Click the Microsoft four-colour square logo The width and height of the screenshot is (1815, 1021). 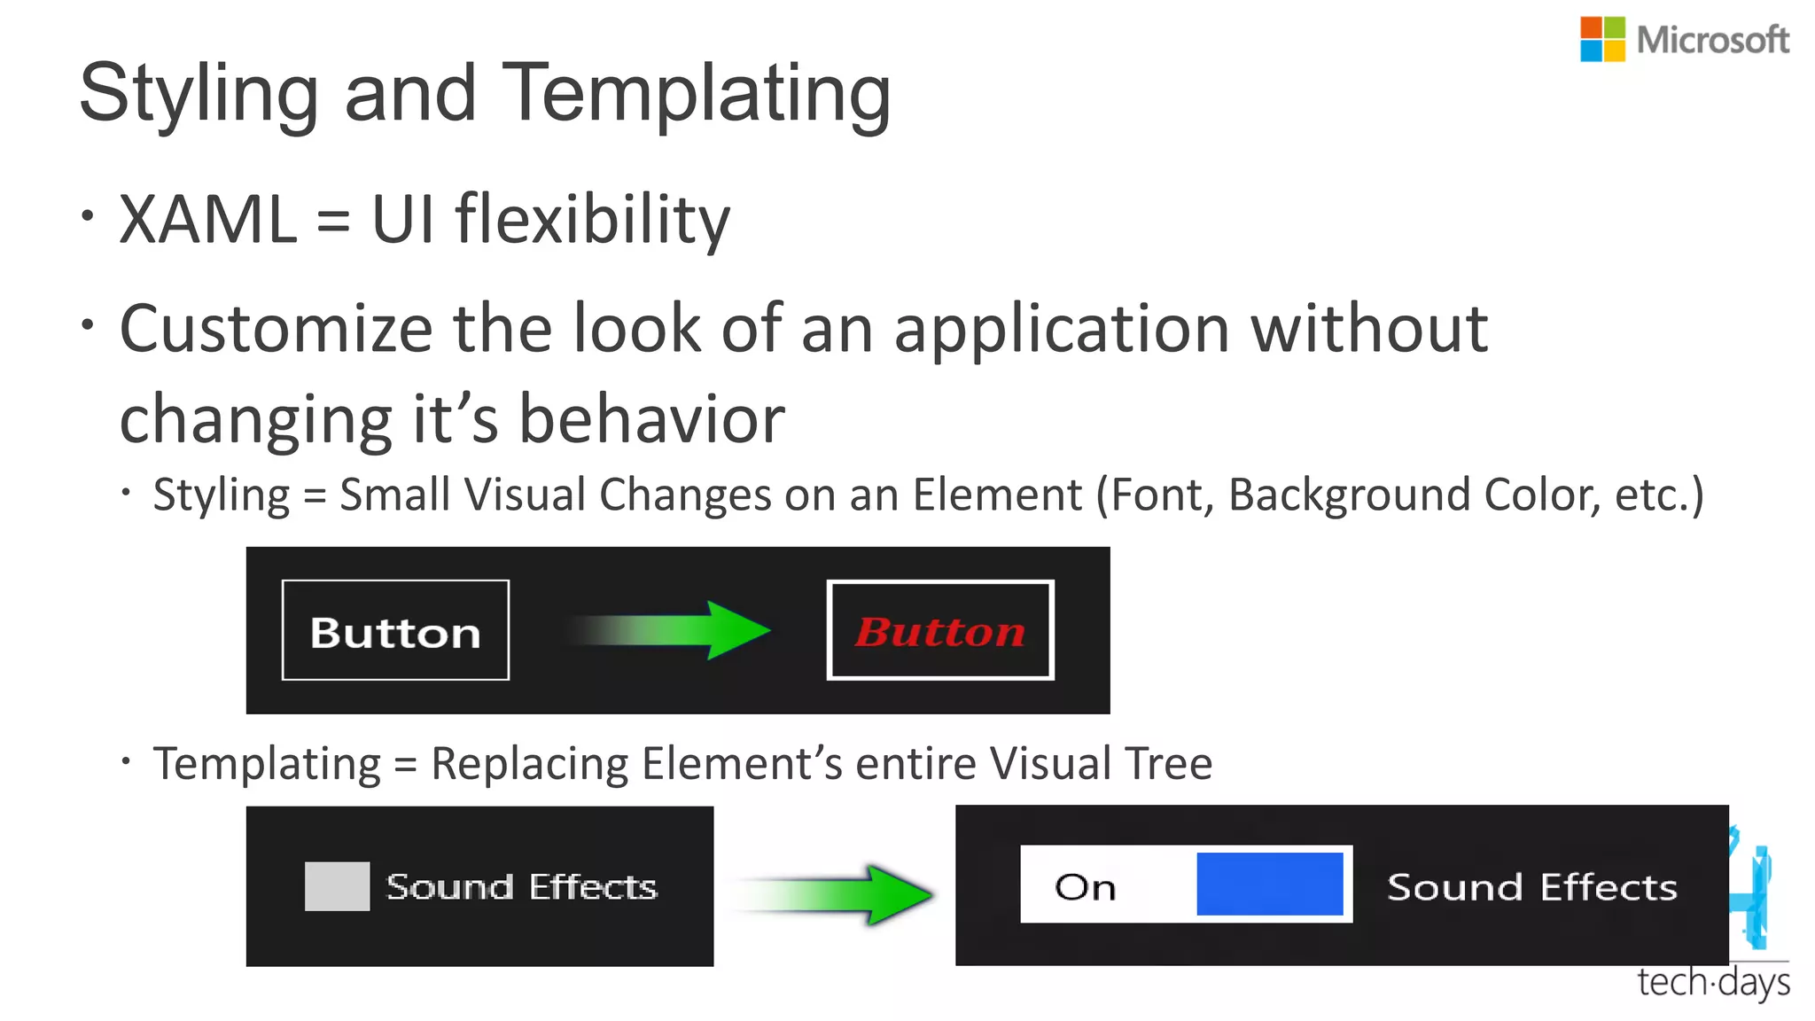click(1602, 40)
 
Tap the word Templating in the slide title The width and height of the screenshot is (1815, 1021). click(697, 94)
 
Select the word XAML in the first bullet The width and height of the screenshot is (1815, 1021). click(208, 219)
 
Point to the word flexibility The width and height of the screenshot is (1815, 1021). click(592, 219)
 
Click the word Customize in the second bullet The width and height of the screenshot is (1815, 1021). click(276, 329)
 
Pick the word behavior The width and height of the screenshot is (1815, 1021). click(651, 419)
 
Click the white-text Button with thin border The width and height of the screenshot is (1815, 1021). click(395, 631)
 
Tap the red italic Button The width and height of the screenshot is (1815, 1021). click(940, 631)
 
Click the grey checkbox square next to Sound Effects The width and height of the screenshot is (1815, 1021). click(337, 885)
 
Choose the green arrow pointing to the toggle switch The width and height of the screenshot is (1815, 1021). click(837, 894)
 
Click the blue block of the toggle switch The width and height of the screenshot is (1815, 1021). click(1269, 884)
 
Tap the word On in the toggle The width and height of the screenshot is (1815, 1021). click(1085, 887)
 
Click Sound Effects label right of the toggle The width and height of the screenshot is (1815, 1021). click(1531, 887)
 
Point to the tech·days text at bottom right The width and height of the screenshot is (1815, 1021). click(1712, 983)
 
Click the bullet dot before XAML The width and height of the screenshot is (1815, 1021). click(87, 215)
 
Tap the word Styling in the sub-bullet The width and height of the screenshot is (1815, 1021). click(221, 495)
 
